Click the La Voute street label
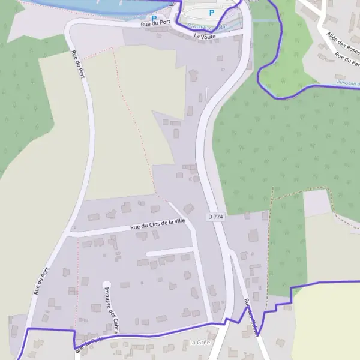point(204,36)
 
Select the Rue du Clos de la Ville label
point(158,224)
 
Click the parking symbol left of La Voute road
point(154,18)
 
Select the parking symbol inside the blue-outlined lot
point(211,12)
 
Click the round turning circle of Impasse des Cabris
point(107,284)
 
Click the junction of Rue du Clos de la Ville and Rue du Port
point(67,236)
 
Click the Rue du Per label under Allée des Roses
point(349,61)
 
